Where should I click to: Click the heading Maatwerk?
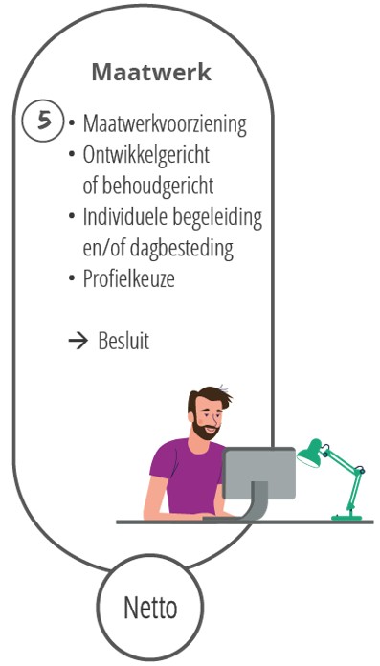[151, 73]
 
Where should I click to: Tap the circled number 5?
[43, 123]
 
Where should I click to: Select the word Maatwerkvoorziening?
[164, 124]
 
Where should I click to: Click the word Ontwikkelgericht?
[145, 155]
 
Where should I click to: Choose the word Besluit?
[123, 342]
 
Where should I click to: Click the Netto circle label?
[150, 609]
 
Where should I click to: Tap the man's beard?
[205, 430]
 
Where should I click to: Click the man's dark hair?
[207, 397]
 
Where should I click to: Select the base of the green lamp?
[346, 517]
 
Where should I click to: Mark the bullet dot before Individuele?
[72, 216]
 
